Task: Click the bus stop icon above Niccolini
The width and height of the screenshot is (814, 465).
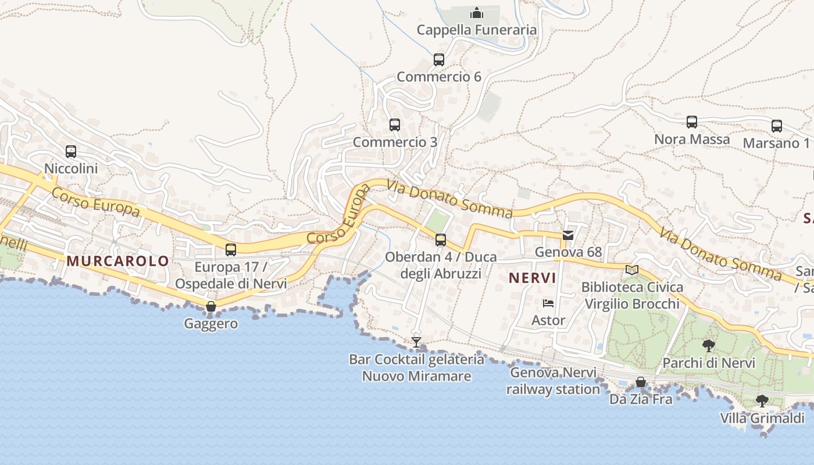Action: tap(71, 152)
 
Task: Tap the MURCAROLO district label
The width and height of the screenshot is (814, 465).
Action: tap(117, 261)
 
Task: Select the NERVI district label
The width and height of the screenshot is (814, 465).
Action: tap(532, 278)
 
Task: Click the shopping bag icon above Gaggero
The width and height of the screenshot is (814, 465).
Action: tap(211, 306)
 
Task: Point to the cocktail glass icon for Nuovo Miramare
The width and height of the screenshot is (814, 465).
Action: tap(416, 342)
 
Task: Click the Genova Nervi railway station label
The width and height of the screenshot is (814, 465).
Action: tap(552, 381)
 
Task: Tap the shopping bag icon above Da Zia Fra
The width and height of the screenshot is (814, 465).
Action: tap(641, 382)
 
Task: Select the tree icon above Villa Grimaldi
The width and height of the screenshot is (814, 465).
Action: tap(762, 400)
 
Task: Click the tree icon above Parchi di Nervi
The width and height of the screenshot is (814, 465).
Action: tap(709, 346)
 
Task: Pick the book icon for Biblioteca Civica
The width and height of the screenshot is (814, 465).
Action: tap(632, 270)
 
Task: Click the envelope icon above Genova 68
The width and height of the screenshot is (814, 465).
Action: tap(568, 235)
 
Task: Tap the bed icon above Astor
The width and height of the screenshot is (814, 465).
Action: tap(548, 303)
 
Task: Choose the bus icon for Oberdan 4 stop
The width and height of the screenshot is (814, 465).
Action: tap(441, 239)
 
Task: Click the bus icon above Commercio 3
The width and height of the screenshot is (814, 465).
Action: tap(395, 124)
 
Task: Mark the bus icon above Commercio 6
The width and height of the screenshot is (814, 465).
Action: tap(439, 59)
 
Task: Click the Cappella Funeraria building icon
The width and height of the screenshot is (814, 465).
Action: tap(477, 12)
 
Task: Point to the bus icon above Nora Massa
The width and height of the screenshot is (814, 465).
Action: tap(692, 122)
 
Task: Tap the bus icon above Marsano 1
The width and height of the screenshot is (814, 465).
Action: tap(777, 126)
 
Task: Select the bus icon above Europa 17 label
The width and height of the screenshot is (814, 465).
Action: tap(231, 250)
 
